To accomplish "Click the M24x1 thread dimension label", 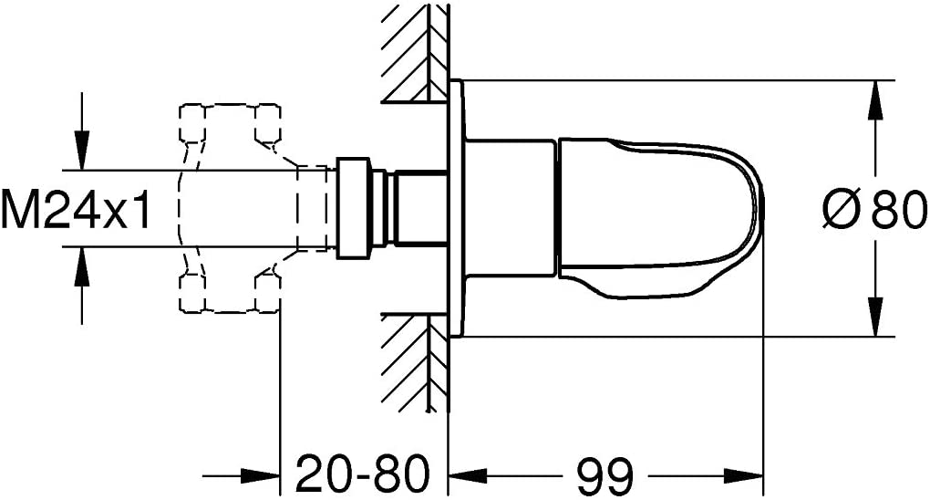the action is pyautogui.click(x=76, y=208).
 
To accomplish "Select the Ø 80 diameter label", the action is pyautogui.click(x=874, y=208).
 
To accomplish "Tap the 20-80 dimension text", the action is pyautogui.click(x=362, y=474).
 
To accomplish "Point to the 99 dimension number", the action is pyautogui.click(x=605, y=475).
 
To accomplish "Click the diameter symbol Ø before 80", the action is pyautogui.click(x=841, y=208).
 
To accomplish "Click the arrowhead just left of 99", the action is pyautogui.click(x=468, y=475).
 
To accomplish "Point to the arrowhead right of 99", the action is pyautogui.click(x=743, y=475).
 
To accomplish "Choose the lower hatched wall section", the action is pyautogui.click(x=414, y=362).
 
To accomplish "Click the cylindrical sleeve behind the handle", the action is pyautogui.click(x=510, y=208).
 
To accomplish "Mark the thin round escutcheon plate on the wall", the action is pyautogui.click(x=456, y=208).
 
